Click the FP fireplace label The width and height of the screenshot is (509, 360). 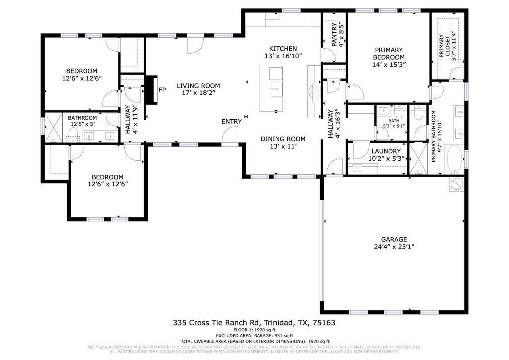click(162, 90)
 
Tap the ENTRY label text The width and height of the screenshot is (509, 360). click(232, 122)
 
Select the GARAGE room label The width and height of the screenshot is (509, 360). click(394, 239)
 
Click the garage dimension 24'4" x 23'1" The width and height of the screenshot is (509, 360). click(394, 247)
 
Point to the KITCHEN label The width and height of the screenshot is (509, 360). click(283, 49)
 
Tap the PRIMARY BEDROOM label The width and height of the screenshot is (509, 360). click(389, 53)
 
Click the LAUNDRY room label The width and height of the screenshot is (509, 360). click(385, 151)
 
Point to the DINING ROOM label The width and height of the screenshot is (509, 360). click(283, 139)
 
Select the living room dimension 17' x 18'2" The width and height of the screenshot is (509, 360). click(198, 93)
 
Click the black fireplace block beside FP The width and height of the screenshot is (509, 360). click(150, 90)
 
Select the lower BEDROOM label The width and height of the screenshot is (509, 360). click(108, 177)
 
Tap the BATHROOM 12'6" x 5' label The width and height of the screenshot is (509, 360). click(83, 121)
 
